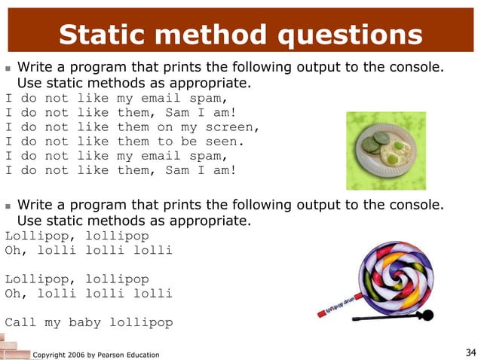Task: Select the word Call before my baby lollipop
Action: [x=20, y=322]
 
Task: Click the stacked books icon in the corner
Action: [x=11, y=349]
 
